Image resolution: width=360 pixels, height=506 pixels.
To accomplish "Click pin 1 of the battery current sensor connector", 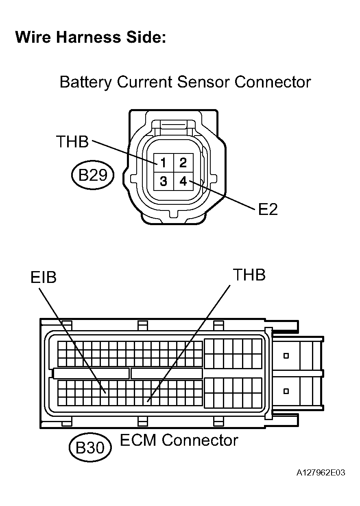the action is [164, 163].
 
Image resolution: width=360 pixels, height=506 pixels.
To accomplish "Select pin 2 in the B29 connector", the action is [183, 163].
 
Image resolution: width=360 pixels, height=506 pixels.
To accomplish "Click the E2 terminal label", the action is [268, 209].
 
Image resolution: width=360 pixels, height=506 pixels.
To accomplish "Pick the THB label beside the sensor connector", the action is [72, 142].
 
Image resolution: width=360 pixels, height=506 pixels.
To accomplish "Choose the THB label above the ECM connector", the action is [249, 275].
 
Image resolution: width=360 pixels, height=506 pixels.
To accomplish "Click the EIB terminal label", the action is [44, 277].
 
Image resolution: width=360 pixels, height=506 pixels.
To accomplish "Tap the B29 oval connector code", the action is [93, 175].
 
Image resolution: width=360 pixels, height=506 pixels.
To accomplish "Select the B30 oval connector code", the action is [90, 447].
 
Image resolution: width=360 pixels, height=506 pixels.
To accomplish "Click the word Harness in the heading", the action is [88, 37].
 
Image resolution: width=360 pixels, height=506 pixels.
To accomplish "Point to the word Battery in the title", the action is [85, 83].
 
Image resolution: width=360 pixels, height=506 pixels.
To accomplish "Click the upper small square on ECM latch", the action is [286, 356].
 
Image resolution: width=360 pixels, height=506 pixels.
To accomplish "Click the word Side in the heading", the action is [146, 37].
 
